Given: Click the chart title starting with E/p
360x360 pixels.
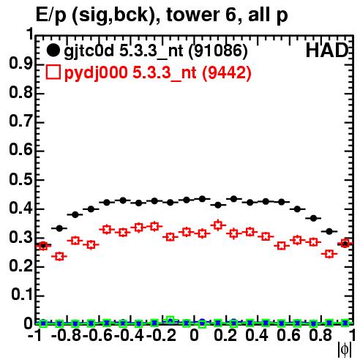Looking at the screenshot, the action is pyautogui.click(x=162, y=15).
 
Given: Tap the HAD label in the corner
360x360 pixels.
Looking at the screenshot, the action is pyautogui.click(x=327, y=50).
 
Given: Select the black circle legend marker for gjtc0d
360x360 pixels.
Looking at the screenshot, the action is pyautogui.click(x=53, y=50).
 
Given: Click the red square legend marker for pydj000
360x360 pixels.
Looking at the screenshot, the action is pyautogui.click(x=53, y=72).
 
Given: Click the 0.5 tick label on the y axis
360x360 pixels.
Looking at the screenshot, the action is pyautogui.click(x=20, y=180).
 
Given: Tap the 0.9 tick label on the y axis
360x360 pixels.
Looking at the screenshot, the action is pyautogui.click(x=20, y=64).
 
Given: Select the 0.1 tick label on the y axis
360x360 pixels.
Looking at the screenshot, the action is pyautogui.click(x=21, y=295).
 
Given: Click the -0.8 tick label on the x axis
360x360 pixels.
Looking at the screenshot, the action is pyautogui.click(x=66, y=335).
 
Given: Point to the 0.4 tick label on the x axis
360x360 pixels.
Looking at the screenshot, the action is pyautogui.click(x=257, y=335).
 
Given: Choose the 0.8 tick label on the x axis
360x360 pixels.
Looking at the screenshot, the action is pyautogui.click(x=320, y=335).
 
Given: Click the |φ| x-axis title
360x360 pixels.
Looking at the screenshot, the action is pyautogui.click(x=345, y=349).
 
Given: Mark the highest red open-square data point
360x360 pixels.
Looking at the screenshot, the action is pyautogui.click(x=218, y=225).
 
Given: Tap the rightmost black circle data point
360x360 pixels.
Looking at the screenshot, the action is pyautogui.click(x=345, y=244).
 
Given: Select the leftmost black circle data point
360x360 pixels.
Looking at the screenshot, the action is pyautogui.click(x=43, y=245).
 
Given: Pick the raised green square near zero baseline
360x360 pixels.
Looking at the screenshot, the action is pyautogui.click(x=170, y=320).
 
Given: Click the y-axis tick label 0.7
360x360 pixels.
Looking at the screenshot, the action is pyautogui.click(x=20, y=121).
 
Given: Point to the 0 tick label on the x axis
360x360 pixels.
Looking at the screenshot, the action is pyautogui.click(x=194, y=335).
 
